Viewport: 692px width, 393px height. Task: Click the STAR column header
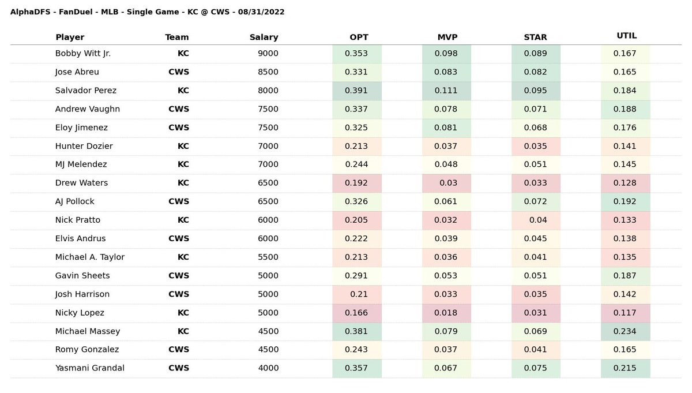tap(535, 37)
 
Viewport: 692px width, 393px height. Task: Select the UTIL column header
tap(626, 36)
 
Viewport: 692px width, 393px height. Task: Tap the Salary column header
tap(264, 37)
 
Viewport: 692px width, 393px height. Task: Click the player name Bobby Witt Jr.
tap(83, 53)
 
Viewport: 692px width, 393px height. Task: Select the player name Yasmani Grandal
tap(89, 368)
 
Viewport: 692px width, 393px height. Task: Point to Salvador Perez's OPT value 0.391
tap(356, 90)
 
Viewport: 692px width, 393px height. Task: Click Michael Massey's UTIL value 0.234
tap(625, 331)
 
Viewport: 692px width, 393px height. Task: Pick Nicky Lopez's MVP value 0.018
tap(445, 313)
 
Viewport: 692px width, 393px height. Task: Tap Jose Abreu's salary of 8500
tap(268, 72)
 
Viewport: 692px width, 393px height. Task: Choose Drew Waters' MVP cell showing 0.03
tap(448, 183)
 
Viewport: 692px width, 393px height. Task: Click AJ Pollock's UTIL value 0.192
tap(625, 201)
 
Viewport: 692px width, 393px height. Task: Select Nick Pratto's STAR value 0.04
tap(538, 220)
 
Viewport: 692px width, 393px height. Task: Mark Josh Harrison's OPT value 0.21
tap(359, 294)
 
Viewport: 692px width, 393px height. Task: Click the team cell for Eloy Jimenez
tap(179, 128)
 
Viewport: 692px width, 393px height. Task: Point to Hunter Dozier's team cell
tap(183, 146)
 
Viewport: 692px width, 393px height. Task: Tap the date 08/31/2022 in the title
tap(261, 12)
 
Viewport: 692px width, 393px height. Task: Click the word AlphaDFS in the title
tap(30, 12)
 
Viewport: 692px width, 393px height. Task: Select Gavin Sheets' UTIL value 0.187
tap(625, 275)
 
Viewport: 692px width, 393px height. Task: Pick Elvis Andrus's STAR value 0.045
tap(535, 238)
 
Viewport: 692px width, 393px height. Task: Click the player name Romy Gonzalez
tap(87, 349)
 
